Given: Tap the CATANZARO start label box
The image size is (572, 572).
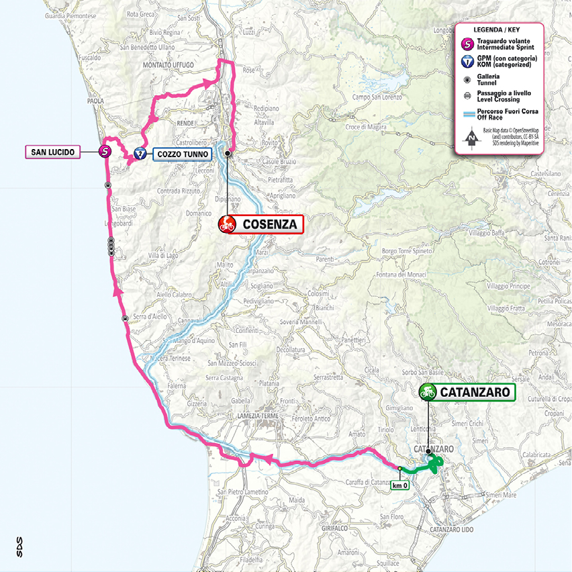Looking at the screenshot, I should (x=476, y=392).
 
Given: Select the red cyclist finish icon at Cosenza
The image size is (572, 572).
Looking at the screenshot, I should (x=227, y=224).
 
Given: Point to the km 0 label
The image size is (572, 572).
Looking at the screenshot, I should (x=399, y=485).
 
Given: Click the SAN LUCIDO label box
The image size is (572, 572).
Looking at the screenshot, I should (x=53, y=152).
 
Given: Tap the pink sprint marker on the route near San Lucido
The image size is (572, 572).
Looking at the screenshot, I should (x=105, y=152).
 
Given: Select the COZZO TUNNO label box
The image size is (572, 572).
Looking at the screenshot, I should (x=182, y=153).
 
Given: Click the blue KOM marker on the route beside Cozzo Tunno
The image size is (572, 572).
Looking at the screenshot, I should (x=140, y=153).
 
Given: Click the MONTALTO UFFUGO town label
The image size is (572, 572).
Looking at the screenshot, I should (x=168, y=64).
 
